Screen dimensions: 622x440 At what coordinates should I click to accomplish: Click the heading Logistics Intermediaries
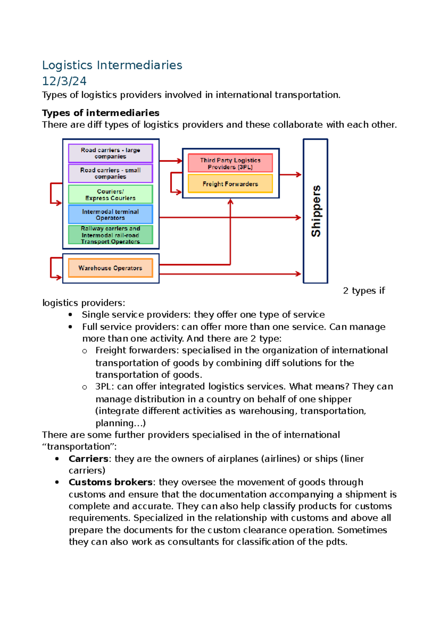tap(112, 65)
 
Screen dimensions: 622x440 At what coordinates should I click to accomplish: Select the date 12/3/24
tap(64, 81)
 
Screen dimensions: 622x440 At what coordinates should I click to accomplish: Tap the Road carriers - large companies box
tap(110, 153)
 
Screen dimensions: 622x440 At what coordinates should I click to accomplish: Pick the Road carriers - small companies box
tap(110, 173)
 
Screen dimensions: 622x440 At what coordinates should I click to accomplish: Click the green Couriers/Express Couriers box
tap(110, 194)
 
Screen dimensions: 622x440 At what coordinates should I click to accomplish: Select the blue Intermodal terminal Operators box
tap(110, 215)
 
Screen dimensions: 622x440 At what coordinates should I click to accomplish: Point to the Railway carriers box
tap(110, 235)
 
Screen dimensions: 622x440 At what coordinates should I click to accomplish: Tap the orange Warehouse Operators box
tap(110, 268)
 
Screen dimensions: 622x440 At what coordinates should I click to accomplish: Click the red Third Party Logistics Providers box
tap(230, 163)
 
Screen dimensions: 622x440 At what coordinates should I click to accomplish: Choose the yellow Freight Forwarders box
tap(230, 184)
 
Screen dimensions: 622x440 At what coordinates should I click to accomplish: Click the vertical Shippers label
tap(316, 211)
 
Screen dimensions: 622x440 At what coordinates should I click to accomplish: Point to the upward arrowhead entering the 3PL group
tap(230, 201)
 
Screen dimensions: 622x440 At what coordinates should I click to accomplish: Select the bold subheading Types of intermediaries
tap(100, 113)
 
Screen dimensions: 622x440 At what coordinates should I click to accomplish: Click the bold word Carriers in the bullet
tap(88, 459)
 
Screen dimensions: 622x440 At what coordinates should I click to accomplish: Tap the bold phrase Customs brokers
tap(110, 482)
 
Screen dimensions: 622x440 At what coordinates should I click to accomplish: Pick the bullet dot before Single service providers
tap(70, 315)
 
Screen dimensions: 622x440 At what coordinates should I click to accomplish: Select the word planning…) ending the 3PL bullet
tap(121, 423)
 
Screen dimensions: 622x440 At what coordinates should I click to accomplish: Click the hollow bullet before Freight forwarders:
tap(85, 351)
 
